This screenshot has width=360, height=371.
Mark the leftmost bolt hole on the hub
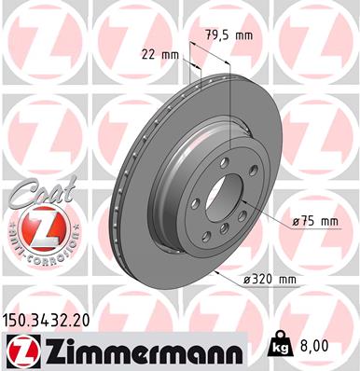[195, 204]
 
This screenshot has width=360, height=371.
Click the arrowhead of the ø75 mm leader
[242, 199]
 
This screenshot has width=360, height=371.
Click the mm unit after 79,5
[243, 34]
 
